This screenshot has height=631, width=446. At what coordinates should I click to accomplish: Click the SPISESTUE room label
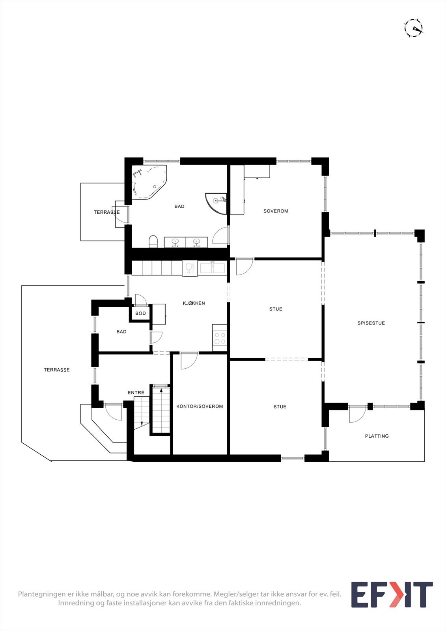371,323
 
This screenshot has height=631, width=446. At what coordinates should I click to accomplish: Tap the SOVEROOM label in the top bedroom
276,211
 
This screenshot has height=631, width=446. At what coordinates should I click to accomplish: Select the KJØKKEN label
194,303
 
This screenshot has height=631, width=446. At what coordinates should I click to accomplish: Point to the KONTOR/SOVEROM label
200,406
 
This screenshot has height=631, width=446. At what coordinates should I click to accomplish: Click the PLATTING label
377,436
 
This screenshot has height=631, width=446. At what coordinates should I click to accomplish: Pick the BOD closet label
140,314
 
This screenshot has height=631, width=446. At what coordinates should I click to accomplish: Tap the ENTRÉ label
136,393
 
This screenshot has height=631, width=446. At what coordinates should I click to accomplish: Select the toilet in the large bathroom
153,241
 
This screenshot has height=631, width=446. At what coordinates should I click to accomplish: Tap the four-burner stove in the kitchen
220,338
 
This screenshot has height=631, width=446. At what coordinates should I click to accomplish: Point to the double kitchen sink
212,269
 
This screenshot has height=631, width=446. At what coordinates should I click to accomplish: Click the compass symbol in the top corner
413,28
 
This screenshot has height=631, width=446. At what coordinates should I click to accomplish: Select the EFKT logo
392,595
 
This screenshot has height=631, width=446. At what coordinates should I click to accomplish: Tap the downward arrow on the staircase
142,423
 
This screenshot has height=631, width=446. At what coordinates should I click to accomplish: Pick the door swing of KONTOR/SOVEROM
188,361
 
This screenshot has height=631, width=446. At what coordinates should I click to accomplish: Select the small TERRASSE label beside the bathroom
106,212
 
